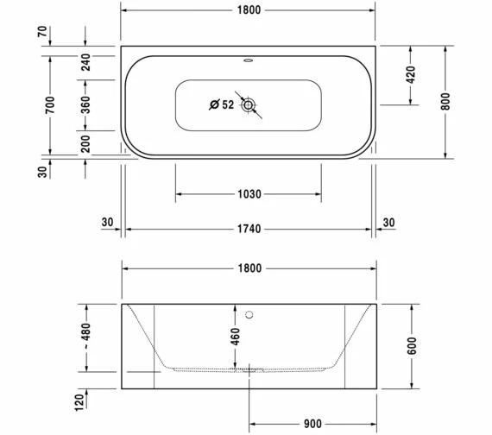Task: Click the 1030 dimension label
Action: pyautogui.click(x=249, y=194)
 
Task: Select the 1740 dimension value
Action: pyautogui.click(x=249, y=229)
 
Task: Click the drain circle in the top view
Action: pyautogui.click(x=249, y=105)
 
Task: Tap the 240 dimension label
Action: pyautogui.click(x=85, y=61)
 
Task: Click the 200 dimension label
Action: pyautogui.click(x=85, y=144)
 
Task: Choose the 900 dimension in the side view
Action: pyautogui.click(x=312, y=424)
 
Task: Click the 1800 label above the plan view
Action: pyautogui.click(x=249, y=10)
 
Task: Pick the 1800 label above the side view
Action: pyautogui.click(x=249, y=268)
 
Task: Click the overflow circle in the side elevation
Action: pyautogui.click(x=249, y=314)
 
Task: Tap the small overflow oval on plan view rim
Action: pyautogui.click(x=249, y=61)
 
